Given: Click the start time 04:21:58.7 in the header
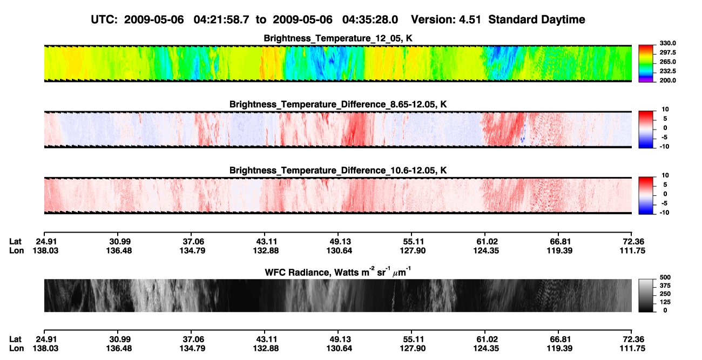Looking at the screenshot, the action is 221,19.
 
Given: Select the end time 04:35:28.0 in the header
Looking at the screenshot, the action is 370,19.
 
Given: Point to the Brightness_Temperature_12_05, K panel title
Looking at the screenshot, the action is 338,38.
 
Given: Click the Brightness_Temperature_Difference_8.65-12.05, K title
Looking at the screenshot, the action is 338,104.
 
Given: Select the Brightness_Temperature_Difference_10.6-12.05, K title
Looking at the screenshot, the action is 338,171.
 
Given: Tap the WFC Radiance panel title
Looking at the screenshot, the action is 338,271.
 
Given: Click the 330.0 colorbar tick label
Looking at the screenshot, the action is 667,43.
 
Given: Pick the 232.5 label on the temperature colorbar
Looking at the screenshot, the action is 667,71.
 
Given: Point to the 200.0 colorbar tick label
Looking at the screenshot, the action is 667,80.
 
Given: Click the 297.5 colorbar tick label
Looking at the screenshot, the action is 667,52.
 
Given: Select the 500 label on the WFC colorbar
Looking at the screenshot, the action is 665,277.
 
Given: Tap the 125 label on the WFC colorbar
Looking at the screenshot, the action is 665,302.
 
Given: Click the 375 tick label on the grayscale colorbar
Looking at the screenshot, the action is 665,286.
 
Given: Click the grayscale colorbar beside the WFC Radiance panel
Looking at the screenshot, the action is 646,295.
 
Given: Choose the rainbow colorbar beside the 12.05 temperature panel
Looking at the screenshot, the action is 646,64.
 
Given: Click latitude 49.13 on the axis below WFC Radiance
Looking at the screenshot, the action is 340,339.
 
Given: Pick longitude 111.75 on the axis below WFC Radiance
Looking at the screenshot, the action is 632,349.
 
